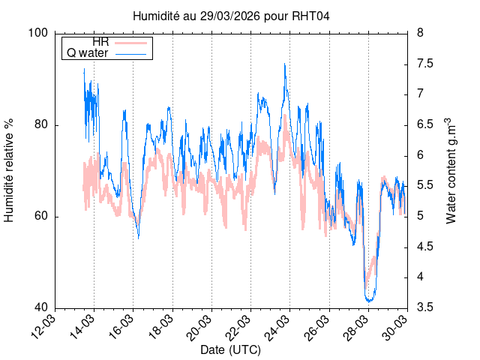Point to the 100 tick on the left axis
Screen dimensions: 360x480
[39, 33]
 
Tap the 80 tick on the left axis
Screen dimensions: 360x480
[42, 124]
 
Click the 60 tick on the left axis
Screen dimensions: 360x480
[42, 216]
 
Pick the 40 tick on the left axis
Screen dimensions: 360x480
[42, 307]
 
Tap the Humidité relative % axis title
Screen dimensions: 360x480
[10, 170]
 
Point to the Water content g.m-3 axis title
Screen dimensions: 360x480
[451, 170]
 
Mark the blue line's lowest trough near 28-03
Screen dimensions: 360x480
[369, 301]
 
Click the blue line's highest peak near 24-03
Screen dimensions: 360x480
[285, 64]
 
